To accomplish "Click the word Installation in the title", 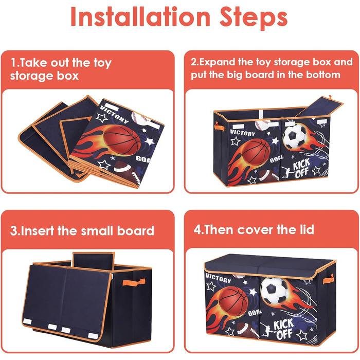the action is click(140, 16).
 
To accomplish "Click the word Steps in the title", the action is click(254, 18).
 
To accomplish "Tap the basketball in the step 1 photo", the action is click(122, 140).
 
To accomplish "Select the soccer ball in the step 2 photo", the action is click(295, 136).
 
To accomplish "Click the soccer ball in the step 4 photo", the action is click(275, 291).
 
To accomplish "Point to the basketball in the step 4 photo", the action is click(233, 301).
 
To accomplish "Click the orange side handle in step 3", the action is click(134, 282).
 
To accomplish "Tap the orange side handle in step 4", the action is click(329, 279).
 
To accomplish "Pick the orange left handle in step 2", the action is click(219, 127).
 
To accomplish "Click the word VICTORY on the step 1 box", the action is click(114, 114).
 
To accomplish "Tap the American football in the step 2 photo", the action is click(269, 176).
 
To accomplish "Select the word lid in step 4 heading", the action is click(307, 229).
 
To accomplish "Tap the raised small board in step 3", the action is click(94, 261).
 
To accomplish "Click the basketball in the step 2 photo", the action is click(257, 152).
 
